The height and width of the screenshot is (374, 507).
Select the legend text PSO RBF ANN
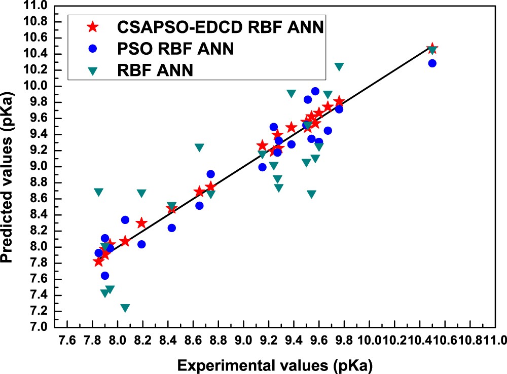tap(175, 49)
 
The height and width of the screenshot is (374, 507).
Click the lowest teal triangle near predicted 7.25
tap(125, 308)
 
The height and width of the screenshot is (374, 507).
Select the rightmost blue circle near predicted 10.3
tap(432, 63)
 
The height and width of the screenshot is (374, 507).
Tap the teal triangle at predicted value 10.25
tap(339, 67)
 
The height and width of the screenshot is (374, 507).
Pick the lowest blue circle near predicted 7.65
tap(105, 276)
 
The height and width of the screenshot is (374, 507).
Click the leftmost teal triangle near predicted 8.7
tap(98, 192)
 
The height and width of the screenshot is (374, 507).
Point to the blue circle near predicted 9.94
tap(315, 91)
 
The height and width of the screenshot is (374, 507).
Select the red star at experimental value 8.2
tap(141, 223)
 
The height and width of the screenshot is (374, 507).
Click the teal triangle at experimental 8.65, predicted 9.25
tap(199, 147)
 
